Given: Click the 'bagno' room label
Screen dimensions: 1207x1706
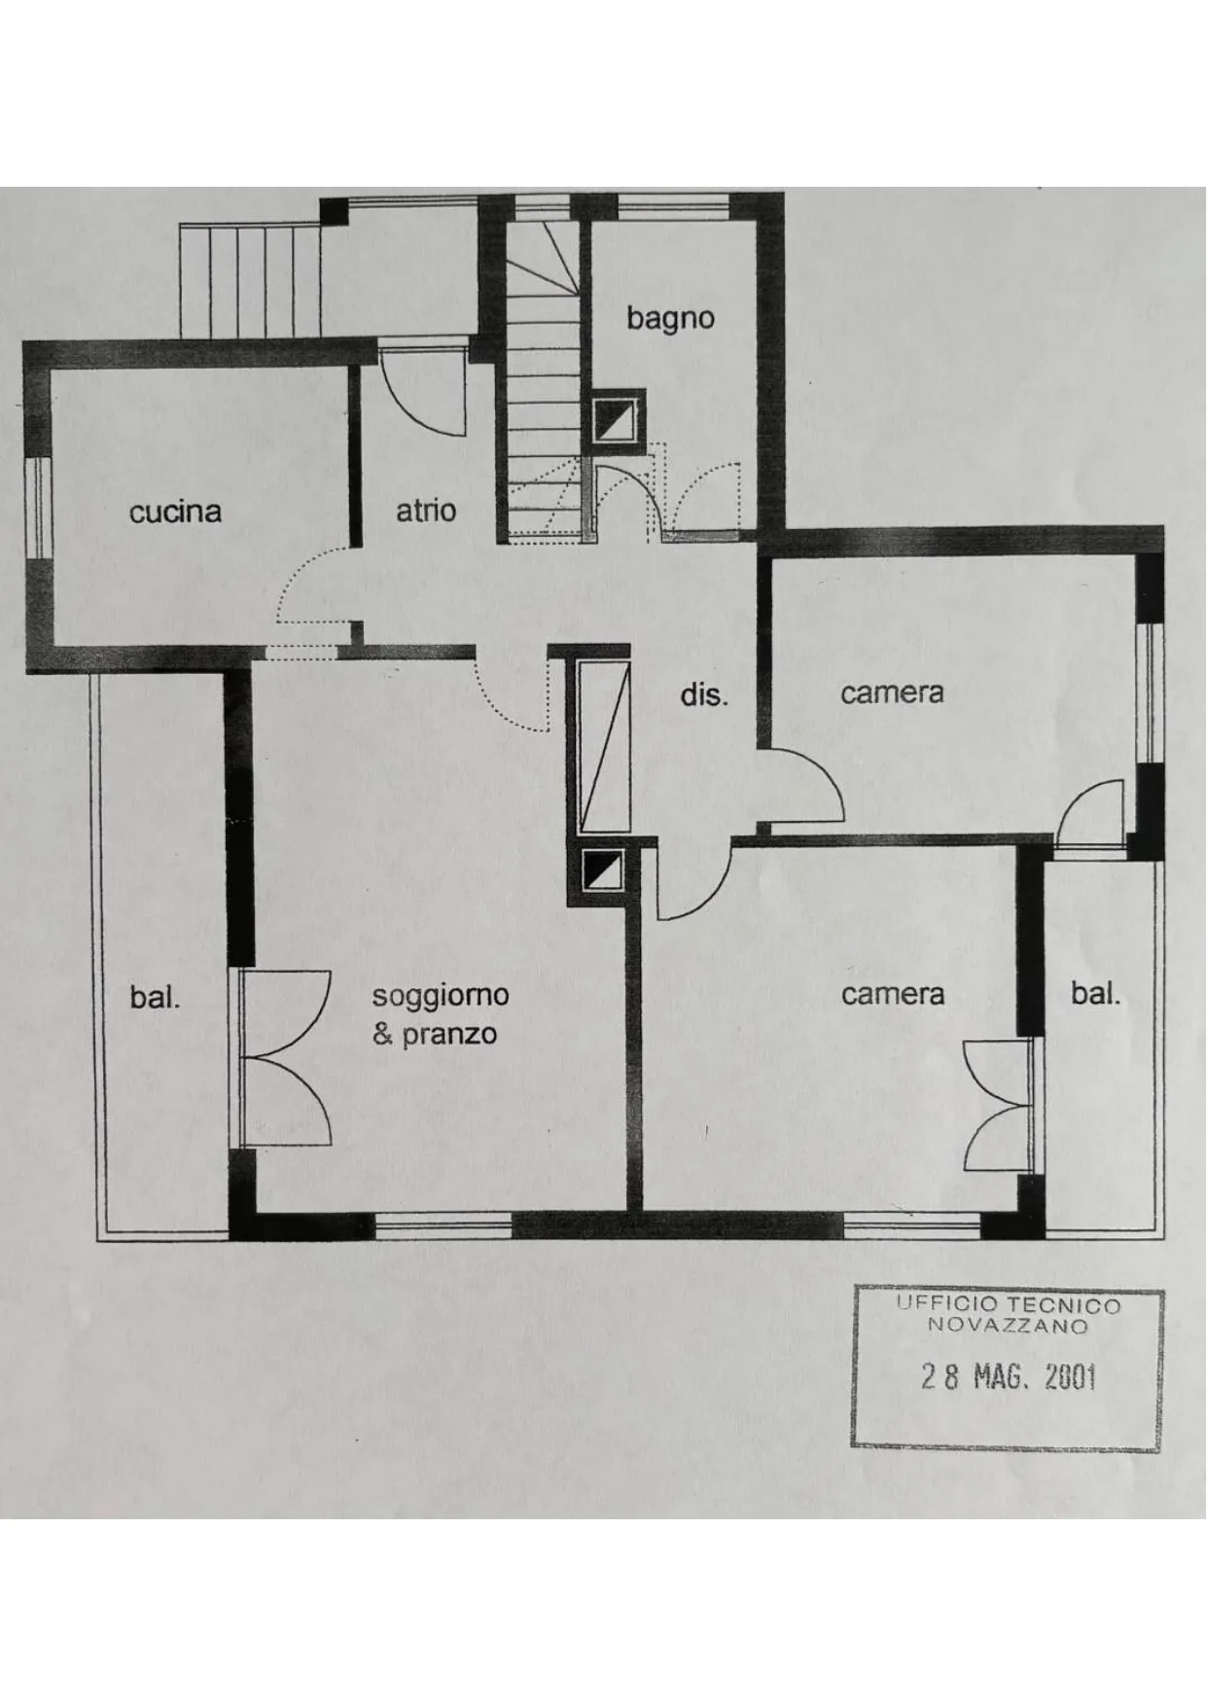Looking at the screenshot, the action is pos(670,319).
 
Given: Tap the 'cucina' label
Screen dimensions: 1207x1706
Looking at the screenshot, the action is pos(175,512).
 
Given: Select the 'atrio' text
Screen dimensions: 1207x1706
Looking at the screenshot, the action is pos(426,511).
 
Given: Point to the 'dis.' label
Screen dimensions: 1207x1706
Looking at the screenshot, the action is pos(703,695).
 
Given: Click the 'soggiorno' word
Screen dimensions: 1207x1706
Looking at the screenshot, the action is pos(441,997).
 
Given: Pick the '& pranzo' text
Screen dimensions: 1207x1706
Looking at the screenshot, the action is pos(435,1034).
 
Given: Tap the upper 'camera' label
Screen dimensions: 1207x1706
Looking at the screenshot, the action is pos(892,693).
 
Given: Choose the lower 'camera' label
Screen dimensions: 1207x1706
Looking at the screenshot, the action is pos(893,995).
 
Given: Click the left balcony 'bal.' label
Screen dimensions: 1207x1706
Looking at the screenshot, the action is pos(155,997).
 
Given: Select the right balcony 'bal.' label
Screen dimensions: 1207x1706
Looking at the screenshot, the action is pos(1095,994).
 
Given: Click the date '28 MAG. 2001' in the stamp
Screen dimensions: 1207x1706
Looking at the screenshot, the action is pos(1009,1377).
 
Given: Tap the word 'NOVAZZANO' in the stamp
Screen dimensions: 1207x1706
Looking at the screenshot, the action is pos(1008,1326).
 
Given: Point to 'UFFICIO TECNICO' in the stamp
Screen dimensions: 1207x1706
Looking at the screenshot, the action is pos(1009,1305).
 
